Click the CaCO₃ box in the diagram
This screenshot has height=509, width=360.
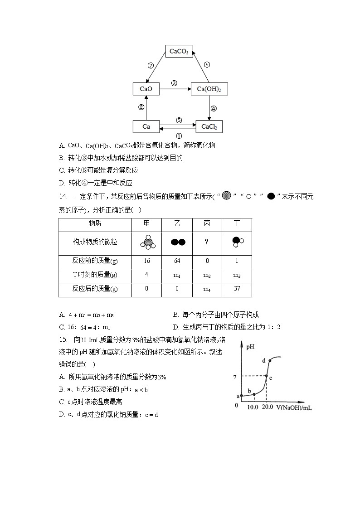tap(179, 52)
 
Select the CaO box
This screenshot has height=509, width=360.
tap(146, 89)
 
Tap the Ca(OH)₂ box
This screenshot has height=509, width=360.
tap(209, 89)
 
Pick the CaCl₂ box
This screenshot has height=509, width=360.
tap(209, 126)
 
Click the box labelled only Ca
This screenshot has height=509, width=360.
tap(146, 126)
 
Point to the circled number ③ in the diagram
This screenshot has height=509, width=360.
tap(174, 83)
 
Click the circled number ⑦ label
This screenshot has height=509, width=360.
tap(151, 65)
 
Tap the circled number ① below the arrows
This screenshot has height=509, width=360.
tap(179, 136)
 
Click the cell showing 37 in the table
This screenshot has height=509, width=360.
tap(237, 289)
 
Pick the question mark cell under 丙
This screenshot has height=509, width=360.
tap(207, 242)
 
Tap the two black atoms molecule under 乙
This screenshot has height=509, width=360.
tap(178, 242)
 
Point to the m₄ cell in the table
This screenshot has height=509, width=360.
tap(207, 289)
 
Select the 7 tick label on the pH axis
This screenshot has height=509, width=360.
tap(234, 377)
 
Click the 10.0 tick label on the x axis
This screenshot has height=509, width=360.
tap(253, 407)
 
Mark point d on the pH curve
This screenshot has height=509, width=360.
tap(270, 361)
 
